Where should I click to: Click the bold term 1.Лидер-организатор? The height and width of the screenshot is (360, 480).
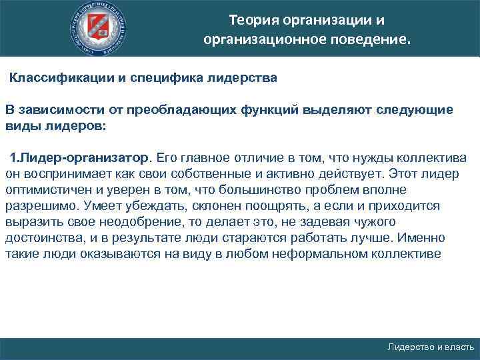pyautogui.click(x=80, y=158)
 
